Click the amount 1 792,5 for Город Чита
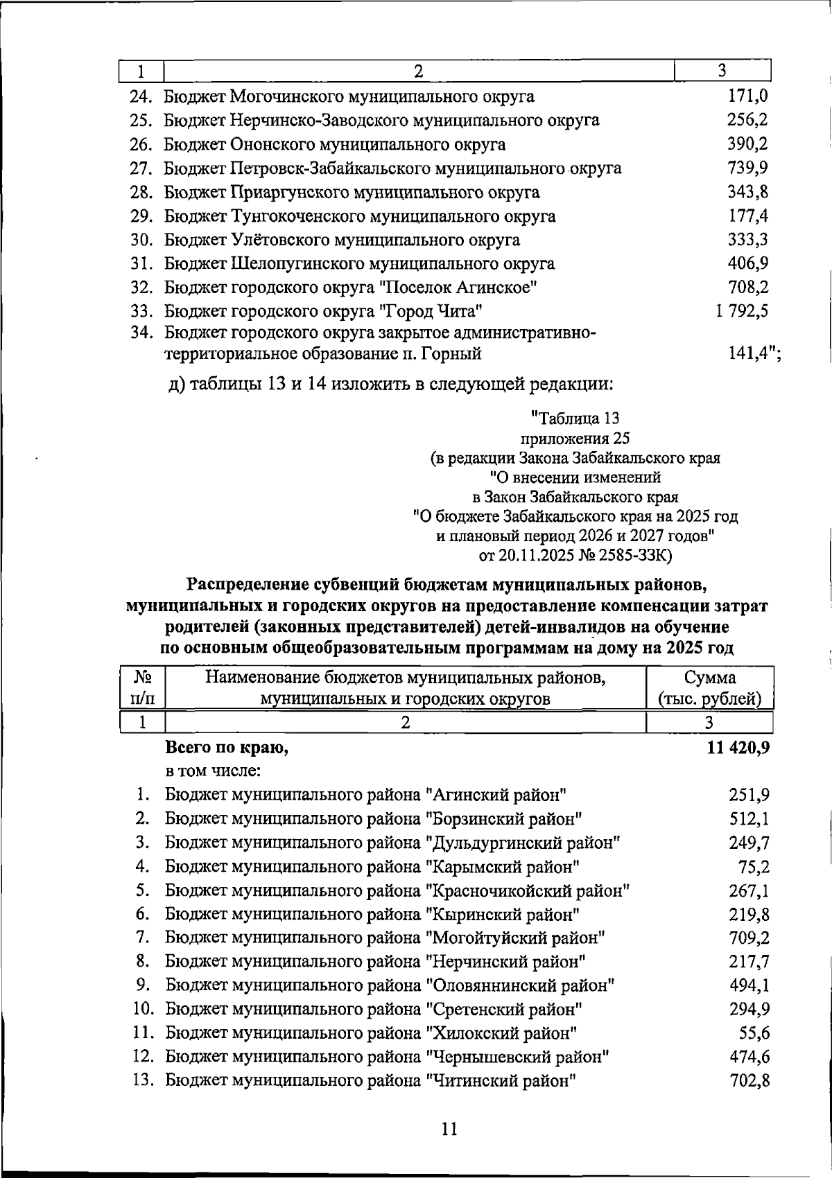click(x=742, y=311)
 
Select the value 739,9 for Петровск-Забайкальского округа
click(x=747, y=168)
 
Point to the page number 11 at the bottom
click(x=449, y=1129)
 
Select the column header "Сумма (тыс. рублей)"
click(x=709, y=687)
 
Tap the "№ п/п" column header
click(x=142, y=687)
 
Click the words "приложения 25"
click(x=575, y=438)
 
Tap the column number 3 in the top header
click(x=722, y=71)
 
